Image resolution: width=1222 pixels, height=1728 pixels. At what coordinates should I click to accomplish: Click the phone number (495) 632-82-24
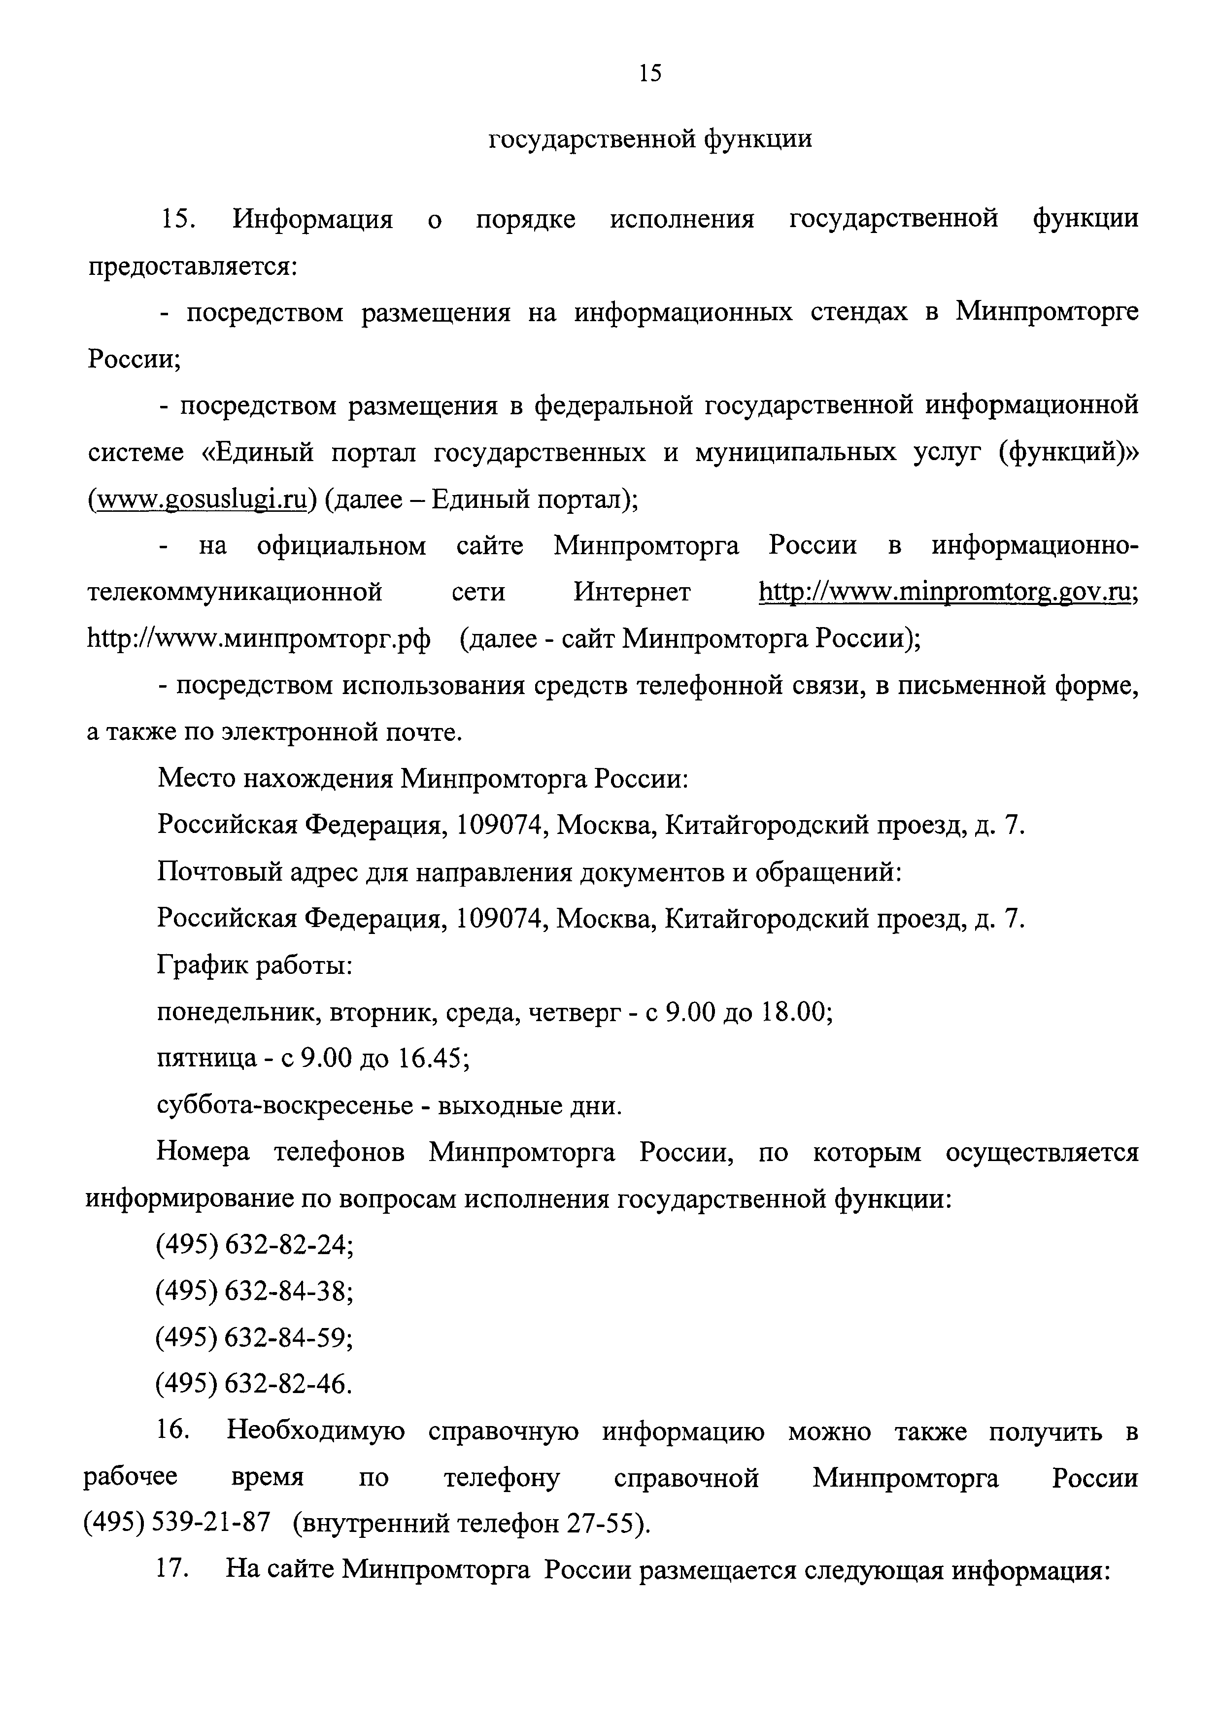254,1246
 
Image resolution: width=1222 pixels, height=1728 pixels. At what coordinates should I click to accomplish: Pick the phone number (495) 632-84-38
254,1292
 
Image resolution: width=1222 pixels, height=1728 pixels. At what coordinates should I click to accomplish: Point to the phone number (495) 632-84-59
254,1338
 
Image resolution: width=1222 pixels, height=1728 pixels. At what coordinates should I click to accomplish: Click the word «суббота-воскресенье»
285,1105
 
